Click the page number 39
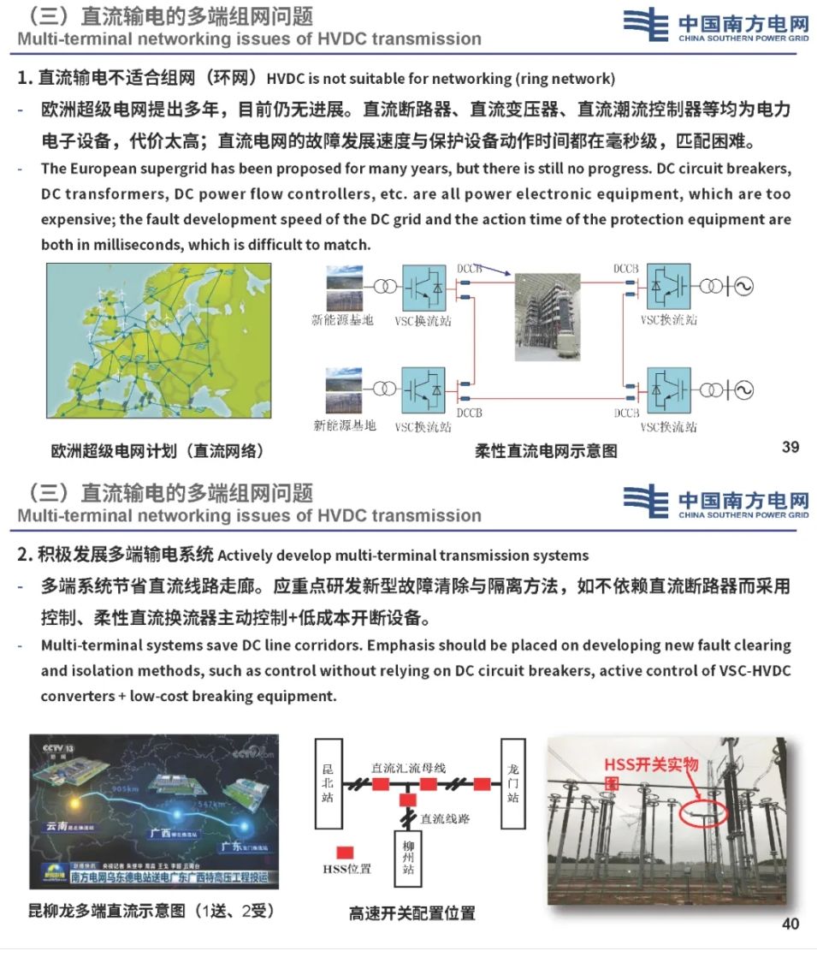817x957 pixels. click(790, 447)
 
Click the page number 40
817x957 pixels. click(790, 924)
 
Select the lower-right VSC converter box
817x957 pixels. click(669, 390)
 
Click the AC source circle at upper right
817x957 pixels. click(741, 286)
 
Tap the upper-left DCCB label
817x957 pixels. click(470, 268)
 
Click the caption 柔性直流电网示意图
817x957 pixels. click(546, 450)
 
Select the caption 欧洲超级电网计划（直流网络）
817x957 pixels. click(157, 451)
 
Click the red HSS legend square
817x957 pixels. click(346, 852)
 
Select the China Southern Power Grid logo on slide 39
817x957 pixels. click(715, 24)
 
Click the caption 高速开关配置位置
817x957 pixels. click(411, 912)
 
